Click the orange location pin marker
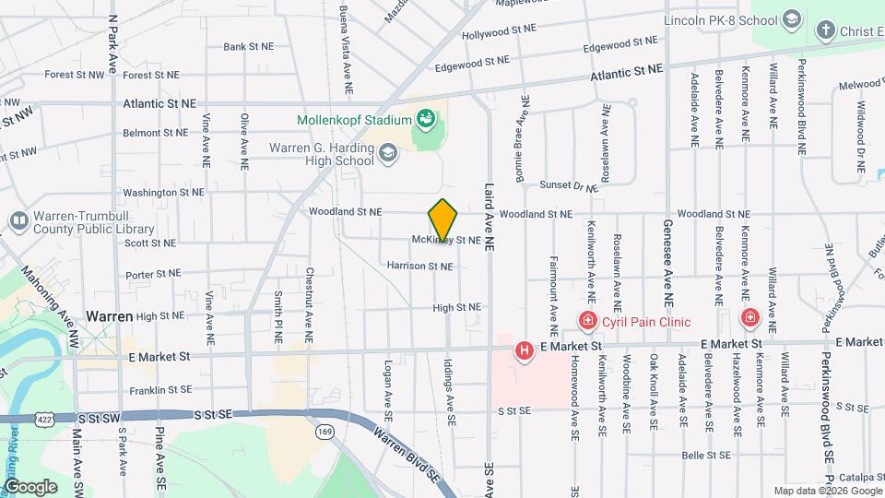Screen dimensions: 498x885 pos(443,220)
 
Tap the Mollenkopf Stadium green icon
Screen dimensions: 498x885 pos(425,119)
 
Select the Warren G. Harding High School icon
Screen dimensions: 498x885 pos(388,153)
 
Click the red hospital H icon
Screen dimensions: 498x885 pos(524,350)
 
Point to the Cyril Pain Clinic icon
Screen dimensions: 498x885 pos(587,320)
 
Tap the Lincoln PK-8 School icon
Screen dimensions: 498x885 pos(791,19)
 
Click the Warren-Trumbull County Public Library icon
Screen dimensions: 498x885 pos(18,220)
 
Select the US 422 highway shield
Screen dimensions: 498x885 pos(43,419)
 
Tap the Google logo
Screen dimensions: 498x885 pos(30,486)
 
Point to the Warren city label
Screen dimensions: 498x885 pos(110,315)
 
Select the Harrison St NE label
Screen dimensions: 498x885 pos(419,266)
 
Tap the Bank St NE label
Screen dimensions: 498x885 pos(249,46)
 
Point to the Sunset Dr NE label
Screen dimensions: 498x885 pos(569,185)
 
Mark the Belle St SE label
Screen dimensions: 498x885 pos(706,455)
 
